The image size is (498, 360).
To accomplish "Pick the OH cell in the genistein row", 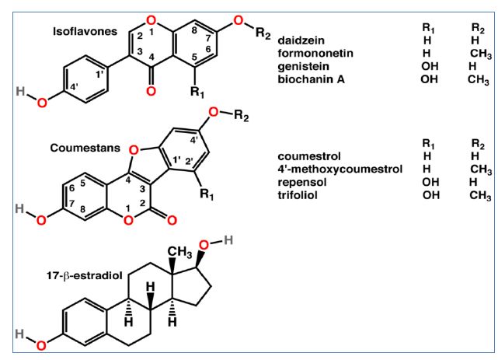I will [430, 66].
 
